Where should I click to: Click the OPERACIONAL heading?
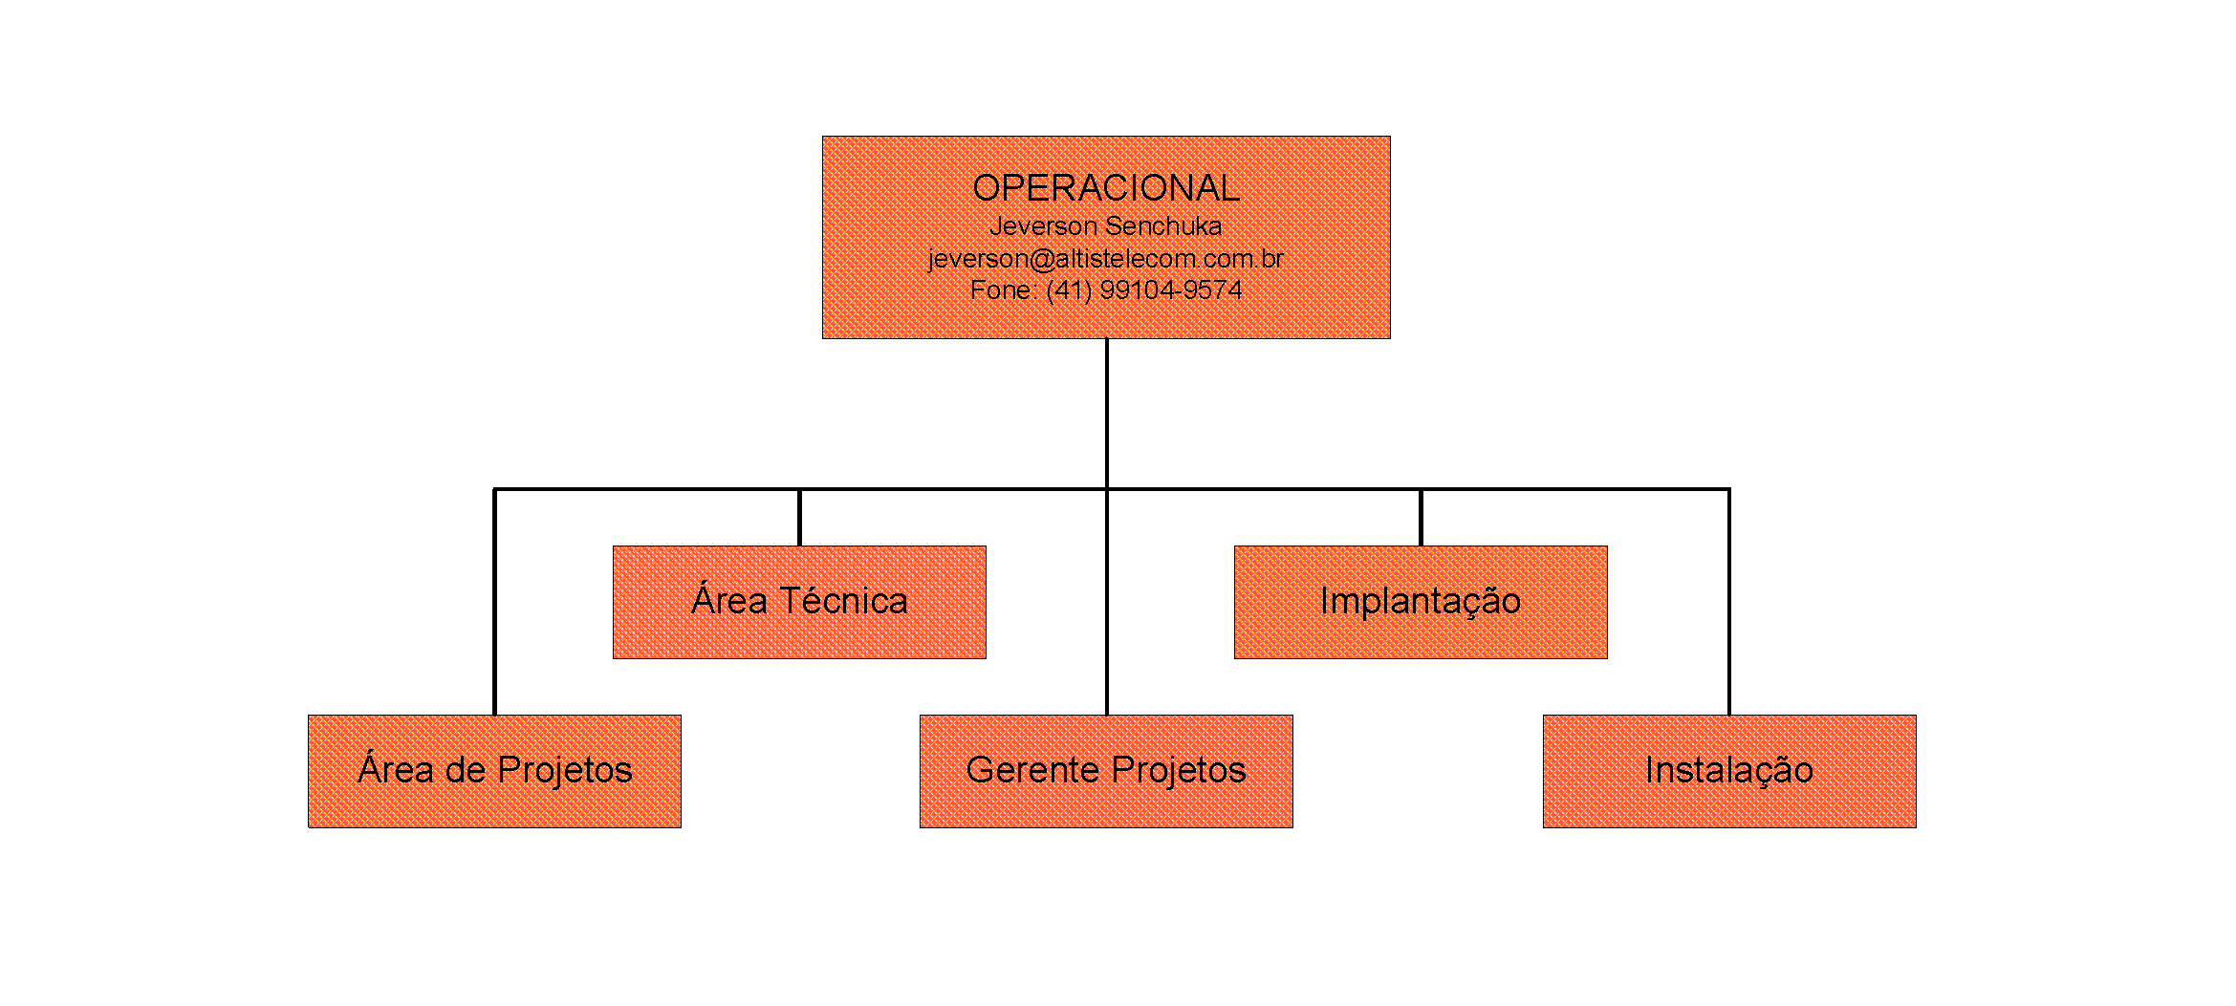click(x=1106, y=188)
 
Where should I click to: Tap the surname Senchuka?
click(x=1163, y=226)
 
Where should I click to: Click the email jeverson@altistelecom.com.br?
click(x=1106, y=259)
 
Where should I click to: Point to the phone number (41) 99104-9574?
click(x=1144, y=290)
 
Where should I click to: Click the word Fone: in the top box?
click(x=1003, y=290)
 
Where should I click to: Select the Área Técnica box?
click(x=799, y=602)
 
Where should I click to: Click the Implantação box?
click(x=1421, y=602)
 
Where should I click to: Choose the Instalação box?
click(x=1729, y=771)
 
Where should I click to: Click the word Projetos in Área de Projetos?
click(x=565, y=771)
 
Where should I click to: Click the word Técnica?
click(x=844, y=602)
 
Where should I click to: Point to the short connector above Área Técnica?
click(x=799, y=518)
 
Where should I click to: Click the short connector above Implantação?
click(x=1421, y=518)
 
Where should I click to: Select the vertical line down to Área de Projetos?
click(x=494, y=602)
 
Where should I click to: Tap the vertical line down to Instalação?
click(x=1729, y=602)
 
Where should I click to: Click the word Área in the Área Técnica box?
click(x=729, y=602)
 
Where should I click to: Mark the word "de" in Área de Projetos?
click(x=466, y=771)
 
